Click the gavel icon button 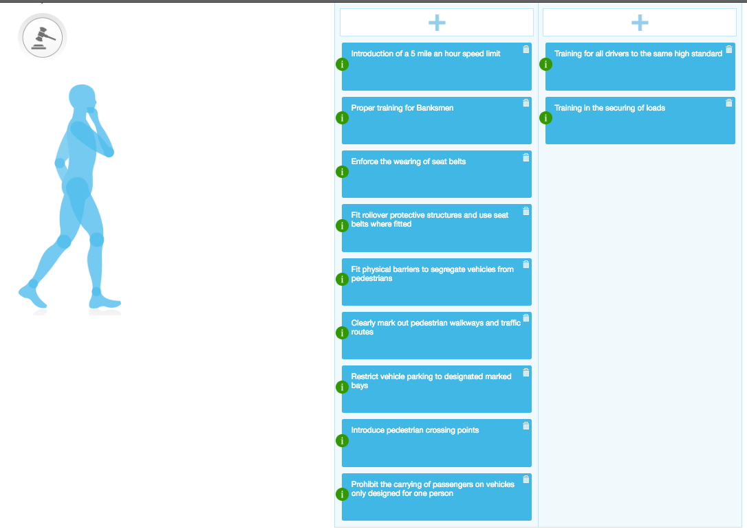[42, 36]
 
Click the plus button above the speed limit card [437, 23]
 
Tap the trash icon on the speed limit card [526, 49]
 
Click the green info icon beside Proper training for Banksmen [342, 118]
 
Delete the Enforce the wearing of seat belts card [526, 157]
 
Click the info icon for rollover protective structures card [342, 225]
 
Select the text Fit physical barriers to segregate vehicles [432, 273]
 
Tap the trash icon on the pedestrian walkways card [526, 318]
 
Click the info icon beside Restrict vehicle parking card [342, 387]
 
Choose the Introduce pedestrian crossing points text [415, 430]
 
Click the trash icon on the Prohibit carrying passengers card [526, 479]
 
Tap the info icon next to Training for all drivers [545, 64]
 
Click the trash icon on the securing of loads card [729, 103]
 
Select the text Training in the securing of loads [609, 108]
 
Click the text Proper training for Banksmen [402, 108]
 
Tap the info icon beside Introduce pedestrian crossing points [342, 440]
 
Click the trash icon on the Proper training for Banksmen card [526, 103]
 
